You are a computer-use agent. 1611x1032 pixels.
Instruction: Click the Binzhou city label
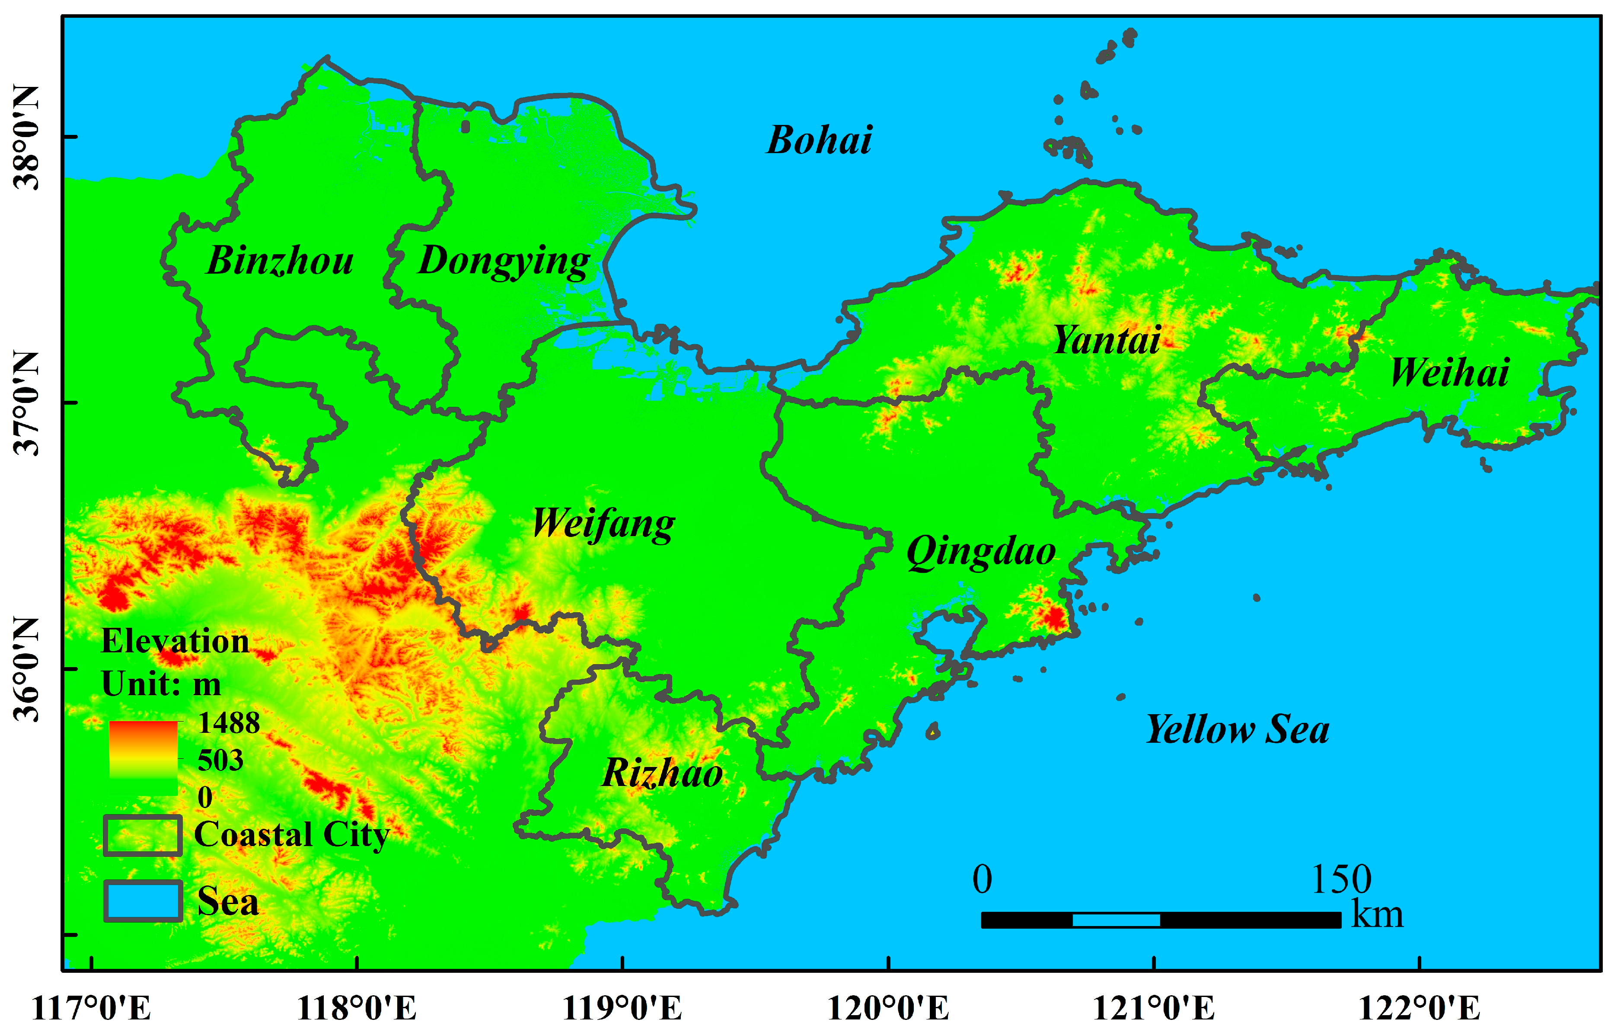click(x=280, y=261)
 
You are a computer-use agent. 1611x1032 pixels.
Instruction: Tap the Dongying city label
click(x=504, y=261)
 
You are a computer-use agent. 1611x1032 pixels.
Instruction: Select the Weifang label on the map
click(x=603, y=524)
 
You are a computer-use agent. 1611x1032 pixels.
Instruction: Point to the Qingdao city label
click(x=981, y=552)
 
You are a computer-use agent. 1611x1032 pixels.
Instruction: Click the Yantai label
click(x=1107, y=340)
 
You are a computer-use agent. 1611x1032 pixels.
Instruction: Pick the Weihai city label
click(x=1450, y=373)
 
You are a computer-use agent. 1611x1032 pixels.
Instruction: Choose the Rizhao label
click(x=662, y=773)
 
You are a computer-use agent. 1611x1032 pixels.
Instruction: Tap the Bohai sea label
click(x=819, y=140)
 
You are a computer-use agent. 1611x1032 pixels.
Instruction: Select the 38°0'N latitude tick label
click(x=27, y=137)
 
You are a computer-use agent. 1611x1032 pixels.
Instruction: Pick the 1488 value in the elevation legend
click(x=228, y=723)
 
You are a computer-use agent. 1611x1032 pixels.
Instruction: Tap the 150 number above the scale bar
click(x=1340, y=880)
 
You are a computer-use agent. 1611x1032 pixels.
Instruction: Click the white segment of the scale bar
click(x=1116, y=920)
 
